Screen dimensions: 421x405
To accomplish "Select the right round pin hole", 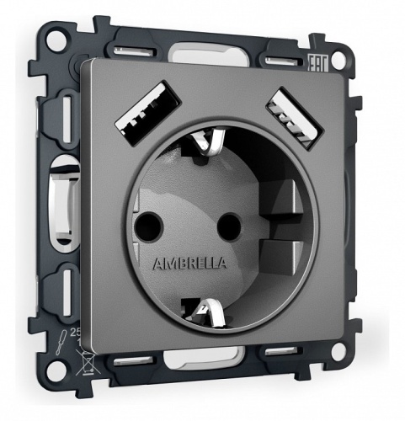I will click(226, 226).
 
